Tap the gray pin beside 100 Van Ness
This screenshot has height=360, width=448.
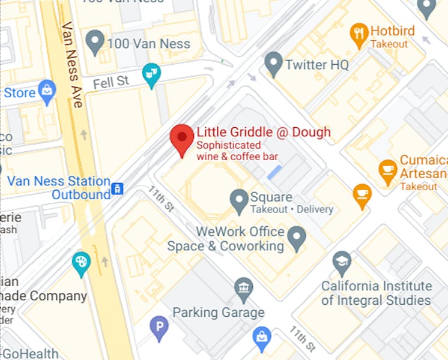[94, 42]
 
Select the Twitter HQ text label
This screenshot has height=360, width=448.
[316, 65]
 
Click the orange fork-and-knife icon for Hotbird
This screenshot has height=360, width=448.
[359, 35]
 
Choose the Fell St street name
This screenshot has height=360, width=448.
[112, 81]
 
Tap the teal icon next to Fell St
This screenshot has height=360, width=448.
[151, 75]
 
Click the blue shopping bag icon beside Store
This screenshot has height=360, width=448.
[46, 92]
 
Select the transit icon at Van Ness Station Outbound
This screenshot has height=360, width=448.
[118, 188]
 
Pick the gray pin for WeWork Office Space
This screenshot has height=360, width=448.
[296, 238]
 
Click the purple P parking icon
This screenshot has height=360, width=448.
[159, 328]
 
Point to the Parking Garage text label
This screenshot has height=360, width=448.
[219, 312]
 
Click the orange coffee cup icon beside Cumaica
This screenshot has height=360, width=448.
[388, 171]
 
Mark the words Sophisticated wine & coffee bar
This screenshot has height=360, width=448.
[237, 151]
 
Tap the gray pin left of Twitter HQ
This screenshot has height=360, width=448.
[274, 64]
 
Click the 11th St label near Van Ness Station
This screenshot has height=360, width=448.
[160, 199]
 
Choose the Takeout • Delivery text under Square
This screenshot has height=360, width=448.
[291, 209]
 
